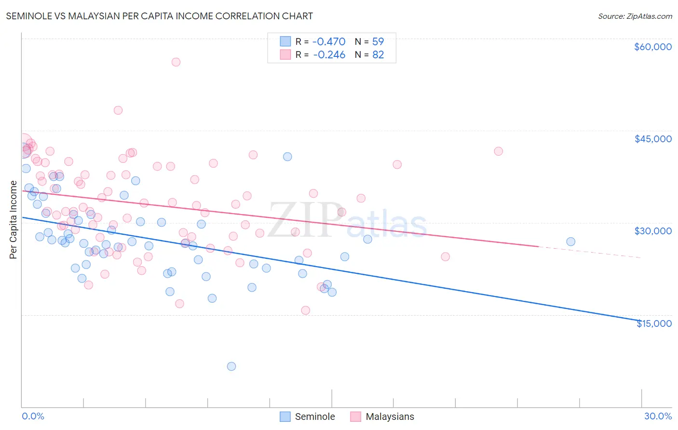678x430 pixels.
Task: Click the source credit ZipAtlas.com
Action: (635, 16)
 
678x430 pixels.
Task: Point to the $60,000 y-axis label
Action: (652, 47)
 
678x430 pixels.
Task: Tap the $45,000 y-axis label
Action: (652, 139)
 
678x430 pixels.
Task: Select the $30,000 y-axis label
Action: (652, 231)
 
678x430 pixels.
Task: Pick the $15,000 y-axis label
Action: (654, 323)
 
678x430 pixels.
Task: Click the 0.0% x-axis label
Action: (33, 416)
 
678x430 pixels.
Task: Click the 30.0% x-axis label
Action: (658, 416)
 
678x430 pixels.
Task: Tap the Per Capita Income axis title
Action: (14, 219)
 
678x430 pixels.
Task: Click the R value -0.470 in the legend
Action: (329, 42)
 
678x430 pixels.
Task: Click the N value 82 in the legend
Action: (378, 55)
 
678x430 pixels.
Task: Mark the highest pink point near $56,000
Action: (176, 62)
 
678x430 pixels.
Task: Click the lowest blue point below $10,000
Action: (231, 366)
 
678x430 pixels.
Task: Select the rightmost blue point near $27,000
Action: (570, 242)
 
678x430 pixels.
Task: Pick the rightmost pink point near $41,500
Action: (498, 151)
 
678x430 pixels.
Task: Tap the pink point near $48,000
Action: (118, 110)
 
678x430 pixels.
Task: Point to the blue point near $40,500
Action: (287, 157)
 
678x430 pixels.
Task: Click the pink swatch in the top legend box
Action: (285, 55)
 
